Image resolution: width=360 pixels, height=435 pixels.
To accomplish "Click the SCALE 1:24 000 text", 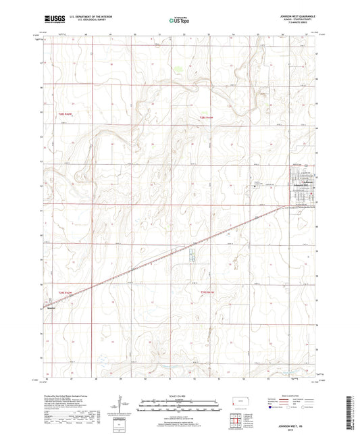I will coord(179,395).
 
